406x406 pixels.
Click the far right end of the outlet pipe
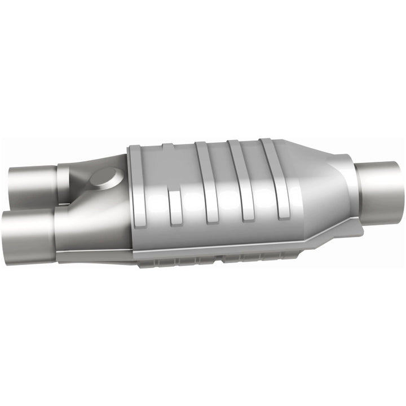(x=401, y=186)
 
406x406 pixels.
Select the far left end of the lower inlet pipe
(x=5, y=237)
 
